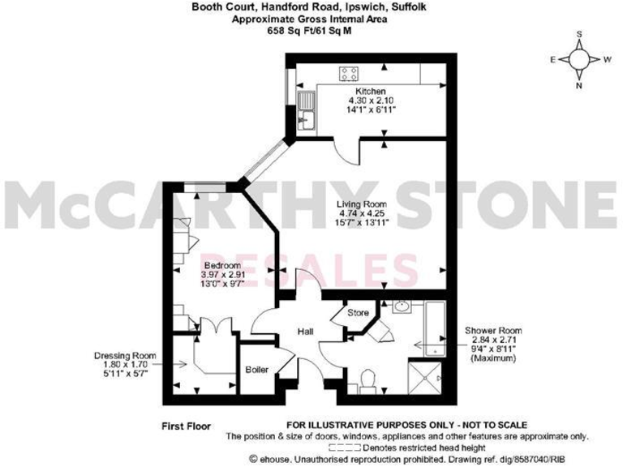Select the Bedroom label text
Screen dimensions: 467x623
(221, 266)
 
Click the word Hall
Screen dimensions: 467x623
(305, 332)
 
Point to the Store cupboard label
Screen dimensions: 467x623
(359, 312)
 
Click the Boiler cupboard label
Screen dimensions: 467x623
(257, 370)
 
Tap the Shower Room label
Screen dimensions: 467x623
(492, 331)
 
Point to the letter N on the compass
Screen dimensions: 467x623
(579, 84)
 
